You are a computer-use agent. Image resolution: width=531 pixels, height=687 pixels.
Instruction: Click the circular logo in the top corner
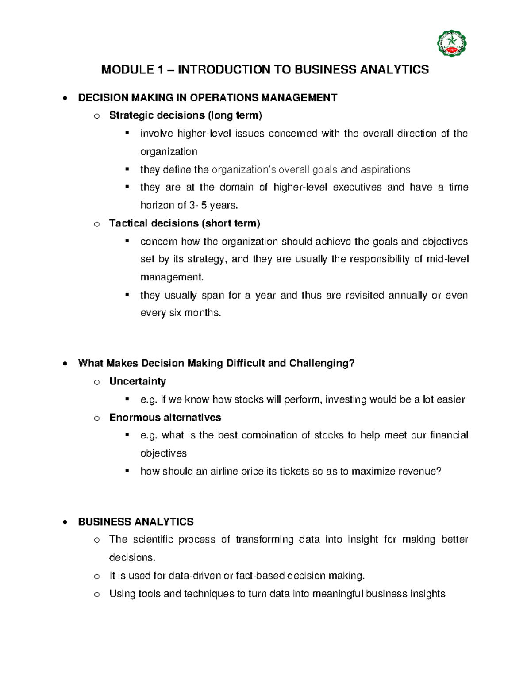(x=452, y=43)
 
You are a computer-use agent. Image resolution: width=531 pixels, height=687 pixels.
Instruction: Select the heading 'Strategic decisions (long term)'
(x=185, y=115)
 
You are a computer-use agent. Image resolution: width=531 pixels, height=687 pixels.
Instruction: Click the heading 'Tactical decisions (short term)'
(x=185, y=223)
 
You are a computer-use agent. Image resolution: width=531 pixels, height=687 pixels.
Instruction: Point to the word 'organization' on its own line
(x=169, y=152)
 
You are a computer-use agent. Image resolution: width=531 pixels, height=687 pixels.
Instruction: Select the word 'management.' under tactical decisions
(x=172, y=277)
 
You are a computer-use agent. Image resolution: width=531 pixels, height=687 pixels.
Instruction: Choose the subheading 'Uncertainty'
(x=138, y=381)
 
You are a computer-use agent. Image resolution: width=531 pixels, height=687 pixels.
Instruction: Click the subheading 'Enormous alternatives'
(x=165, y=418)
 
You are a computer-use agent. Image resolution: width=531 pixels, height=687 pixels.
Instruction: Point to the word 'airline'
(x=224, y=472)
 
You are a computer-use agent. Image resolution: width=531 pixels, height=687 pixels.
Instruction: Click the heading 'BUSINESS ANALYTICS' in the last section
(x=136, y=522)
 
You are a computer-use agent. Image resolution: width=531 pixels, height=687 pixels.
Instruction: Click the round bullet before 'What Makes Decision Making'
(x=65, y=364)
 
